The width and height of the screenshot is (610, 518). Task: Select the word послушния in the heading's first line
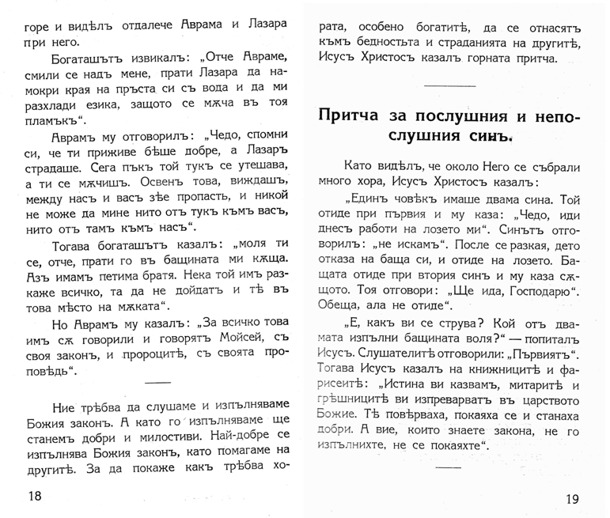454,115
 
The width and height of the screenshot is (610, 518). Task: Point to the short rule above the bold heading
449,85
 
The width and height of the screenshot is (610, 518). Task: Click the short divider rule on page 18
147,383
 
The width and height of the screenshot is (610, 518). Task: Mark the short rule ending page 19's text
449,467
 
